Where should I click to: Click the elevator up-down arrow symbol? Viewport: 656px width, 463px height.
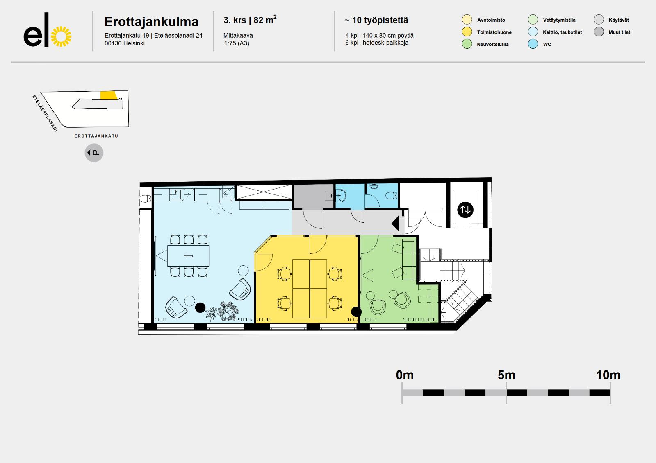pos(465,210)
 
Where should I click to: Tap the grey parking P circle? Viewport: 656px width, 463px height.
pos(94,153)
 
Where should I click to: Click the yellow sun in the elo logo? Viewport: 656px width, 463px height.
pos(61,36)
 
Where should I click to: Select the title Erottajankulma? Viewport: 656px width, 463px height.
pos(151,22)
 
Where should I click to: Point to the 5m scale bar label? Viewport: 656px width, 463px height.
pos(506,375)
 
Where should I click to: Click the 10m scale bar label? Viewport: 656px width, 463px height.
pos(608,375)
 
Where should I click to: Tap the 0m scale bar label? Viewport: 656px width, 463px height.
pos(405,375)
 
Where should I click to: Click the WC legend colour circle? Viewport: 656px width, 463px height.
pos(533,44)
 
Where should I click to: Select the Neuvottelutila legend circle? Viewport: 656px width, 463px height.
pos(467,44)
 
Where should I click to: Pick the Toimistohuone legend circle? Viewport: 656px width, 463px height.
pos(467,32)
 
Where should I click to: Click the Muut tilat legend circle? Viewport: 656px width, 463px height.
pos(599,32)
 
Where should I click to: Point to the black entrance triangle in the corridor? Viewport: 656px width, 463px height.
pos(395,224)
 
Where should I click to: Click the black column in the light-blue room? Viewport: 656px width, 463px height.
pos(200,308)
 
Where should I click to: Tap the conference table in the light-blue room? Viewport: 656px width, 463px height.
pos(188,255)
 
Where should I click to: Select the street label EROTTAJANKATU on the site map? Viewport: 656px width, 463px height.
pos(96,136)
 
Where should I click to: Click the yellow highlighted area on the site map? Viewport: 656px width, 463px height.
pos(108,96)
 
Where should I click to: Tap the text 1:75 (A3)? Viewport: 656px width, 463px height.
pos(237,43)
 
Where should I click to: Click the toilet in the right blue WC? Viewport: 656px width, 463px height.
pos(391,195)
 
